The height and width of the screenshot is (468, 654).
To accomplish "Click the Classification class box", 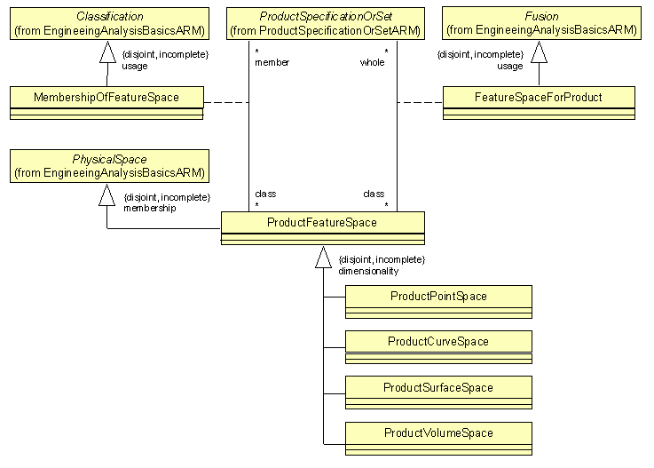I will [109, 23].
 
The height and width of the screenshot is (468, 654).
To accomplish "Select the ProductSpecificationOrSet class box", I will [324, 23].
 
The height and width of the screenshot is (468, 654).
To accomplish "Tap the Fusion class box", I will [541, 23].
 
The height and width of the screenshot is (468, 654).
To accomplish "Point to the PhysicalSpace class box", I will [109, 166].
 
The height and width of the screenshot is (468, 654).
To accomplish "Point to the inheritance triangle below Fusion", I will [539, 52].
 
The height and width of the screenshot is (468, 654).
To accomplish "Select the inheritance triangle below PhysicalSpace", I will [107, 195].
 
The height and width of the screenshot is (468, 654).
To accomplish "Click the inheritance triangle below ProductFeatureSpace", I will [323, 258].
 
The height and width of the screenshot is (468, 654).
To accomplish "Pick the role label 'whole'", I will [372, 63].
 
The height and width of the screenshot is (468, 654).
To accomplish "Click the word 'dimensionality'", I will [368, 271].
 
